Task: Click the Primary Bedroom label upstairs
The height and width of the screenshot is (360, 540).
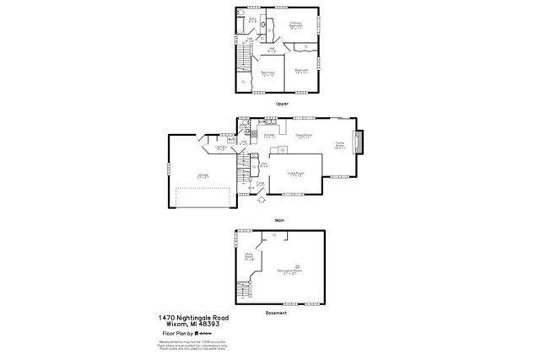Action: (296, 24)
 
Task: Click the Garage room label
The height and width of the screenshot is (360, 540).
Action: (202, 177)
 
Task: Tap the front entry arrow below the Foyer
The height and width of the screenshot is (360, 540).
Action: (261, 200)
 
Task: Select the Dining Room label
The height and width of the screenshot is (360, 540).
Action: (304, 135)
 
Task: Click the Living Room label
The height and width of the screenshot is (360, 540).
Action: (295, 175)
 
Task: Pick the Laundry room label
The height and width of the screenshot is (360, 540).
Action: (221, 148)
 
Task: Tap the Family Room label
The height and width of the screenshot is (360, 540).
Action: (339, 146)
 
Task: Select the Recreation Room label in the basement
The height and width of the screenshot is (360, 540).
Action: (293, 272)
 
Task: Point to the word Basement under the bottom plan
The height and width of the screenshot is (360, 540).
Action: (276, 313)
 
